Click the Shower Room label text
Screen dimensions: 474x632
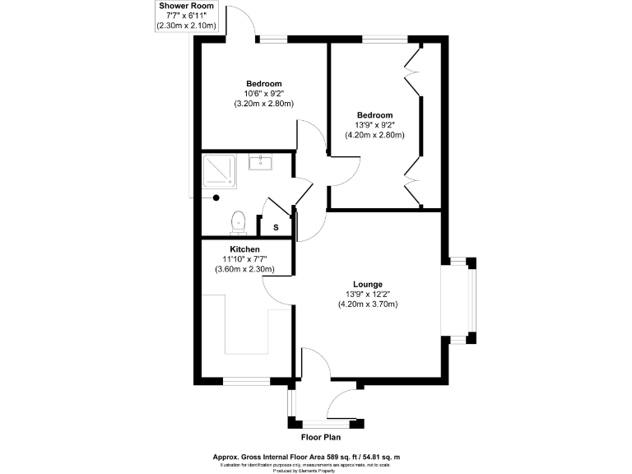[186, 7]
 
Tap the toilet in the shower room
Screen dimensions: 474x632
[239, 221]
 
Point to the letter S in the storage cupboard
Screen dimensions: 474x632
[276, 227]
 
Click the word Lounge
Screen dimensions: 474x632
[367, 284]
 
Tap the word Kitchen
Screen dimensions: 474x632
[244, 249]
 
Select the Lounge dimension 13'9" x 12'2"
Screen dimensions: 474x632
[367, 294]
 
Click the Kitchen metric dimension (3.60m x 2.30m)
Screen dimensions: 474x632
[244, 269]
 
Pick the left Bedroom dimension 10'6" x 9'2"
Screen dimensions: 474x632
[264, 94]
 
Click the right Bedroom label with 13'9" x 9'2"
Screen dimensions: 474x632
[374, 125]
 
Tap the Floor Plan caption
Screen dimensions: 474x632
[321, 438]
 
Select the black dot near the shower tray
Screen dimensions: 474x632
[216, 197]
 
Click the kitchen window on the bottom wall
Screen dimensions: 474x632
[247, 381]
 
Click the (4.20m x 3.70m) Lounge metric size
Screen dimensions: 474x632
[367, 304]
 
